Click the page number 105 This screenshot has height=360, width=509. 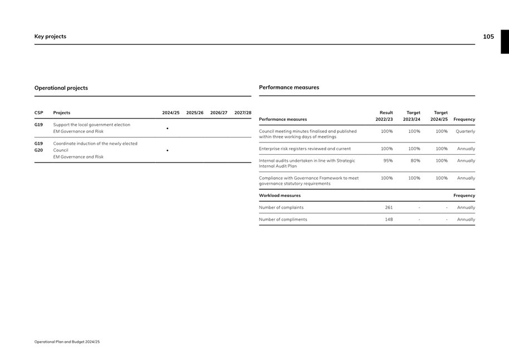click(x=488, y=37)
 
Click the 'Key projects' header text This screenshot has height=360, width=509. click(x=50, y=37)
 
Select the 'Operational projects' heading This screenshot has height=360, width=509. click(x=61, y=88)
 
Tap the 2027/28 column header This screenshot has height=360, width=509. click(x=243, y=113)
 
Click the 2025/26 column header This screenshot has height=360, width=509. click(x=195, y=113)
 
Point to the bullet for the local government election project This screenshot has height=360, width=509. click(x=168, y=129)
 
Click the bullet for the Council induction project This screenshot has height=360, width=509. click(x=168, y=150)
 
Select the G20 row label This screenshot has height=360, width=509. click(x=39, y=150)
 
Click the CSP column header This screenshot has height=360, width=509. click(x=39, y=113)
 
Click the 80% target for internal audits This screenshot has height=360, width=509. click(x=415, y=161)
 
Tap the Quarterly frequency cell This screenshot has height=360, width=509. click(x=465, y=131)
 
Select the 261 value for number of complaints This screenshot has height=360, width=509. click(x=389, y=208)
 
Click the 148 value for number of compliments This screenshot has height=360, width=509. click(x=389, y=219)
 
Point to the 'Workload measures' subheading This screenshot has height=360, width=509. click(x=280, y=196)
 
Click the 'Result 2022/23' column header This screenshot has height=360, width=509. click(x=384, y=116)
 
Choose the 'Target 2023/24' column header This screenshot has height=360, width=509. click(x=412, y=116)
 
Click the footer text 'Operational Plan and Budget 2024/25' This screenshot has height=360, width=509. click(x=67, y=342)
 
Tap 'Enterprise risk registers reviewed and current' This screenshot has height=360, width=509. click(x=305, y=149)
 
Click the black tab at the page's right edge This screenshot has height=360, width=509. click(x=505, y=42)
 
